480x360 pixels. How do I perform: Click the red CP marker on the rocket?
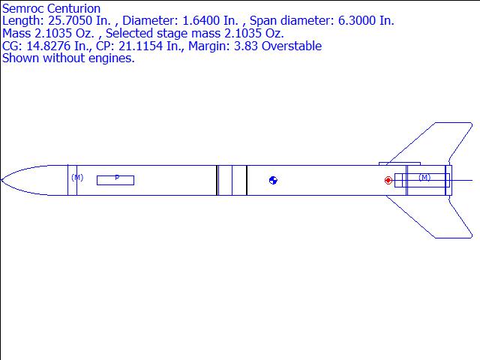tap(388, 180)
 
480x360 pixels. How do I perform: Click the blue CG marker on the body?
tap(273, 180)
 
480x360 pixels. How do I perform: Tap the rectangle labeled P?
tap(115, 180)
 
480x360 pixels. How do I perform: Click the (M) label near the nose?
tap(77, 177)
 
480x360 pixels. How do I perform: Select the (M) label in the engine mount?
tap(424, 177)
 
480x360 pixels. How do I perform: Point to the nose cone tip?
tap(1, 180)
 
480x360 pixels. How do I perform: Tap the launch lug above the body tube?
tap(400, 163)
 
